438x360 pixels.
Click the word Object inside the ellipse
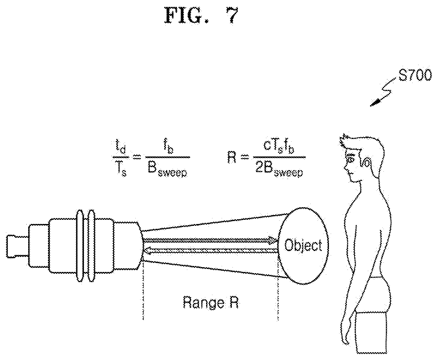(303, 245)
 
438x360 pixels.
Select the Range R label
(211, 303)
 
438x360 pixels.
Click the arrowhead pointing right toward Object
(273, 240)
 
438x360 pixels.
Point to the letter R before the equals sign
(232, 158)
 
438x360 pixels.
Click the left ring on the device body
(80, 246)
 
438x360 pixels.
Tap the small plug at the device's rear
(17, 246)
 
